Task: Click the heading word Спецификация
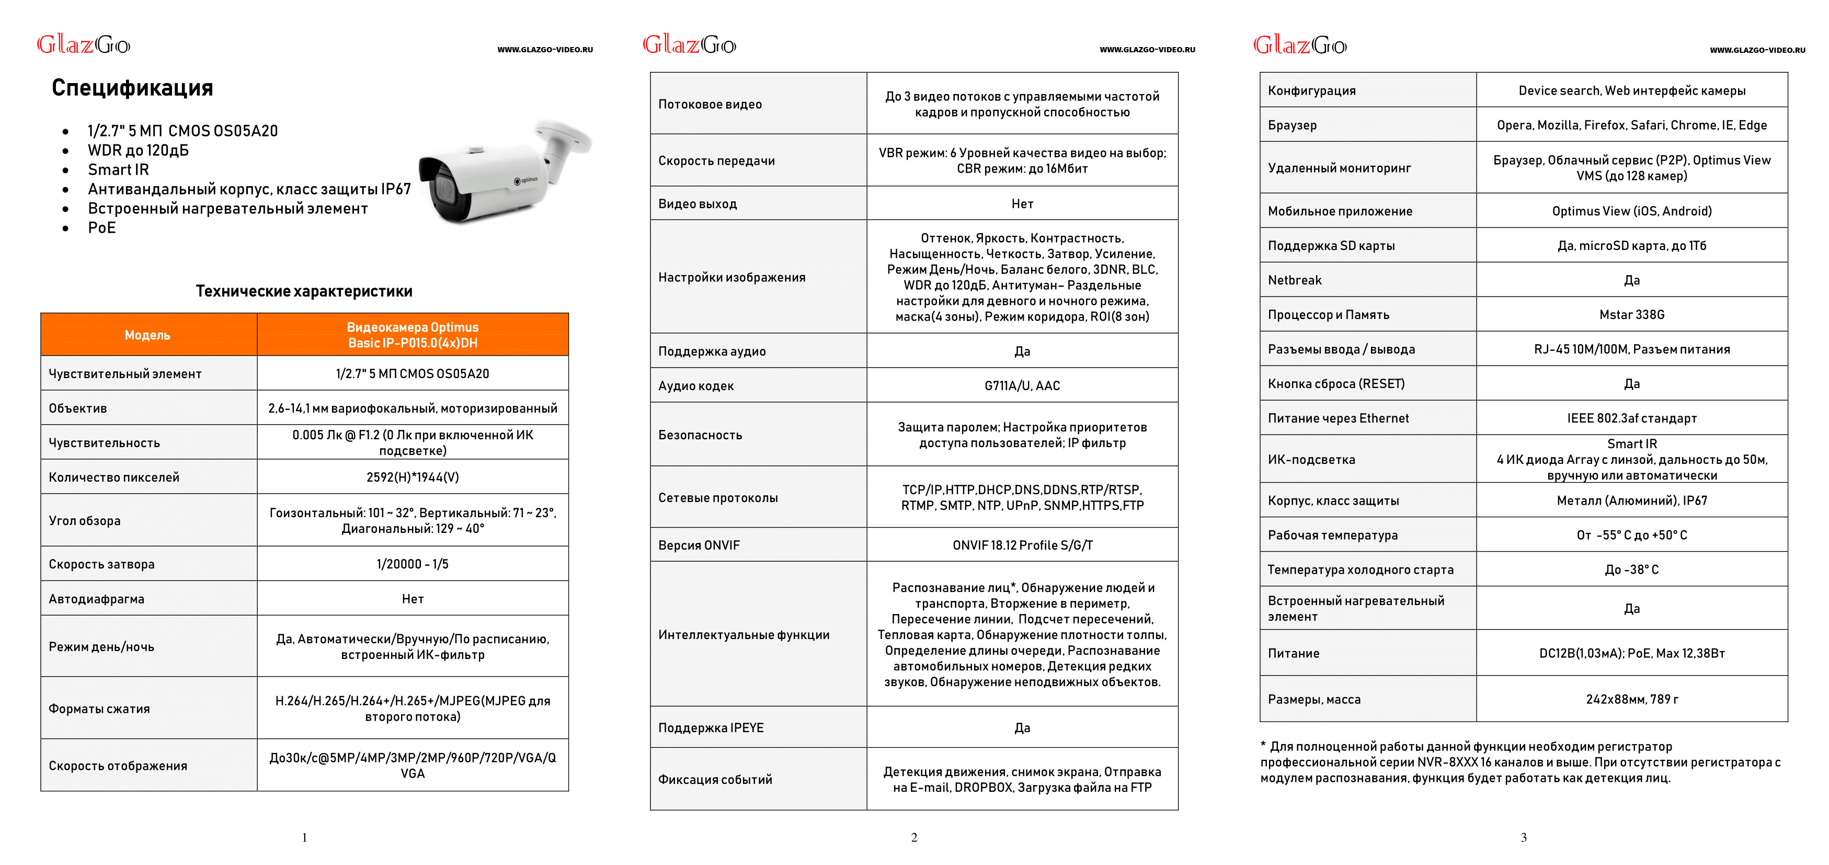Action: point(132,87)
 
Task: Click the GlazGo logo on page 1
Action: point(83,45)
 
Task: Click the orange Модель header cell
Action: point(147,335)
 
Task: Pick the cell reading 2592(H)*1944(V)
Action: point(413,477)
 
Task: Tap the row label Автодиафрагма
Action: point(97,599)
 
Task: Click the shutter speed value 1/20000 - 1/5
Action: point(413,564)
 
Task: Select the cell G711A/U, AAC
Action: point(1022,385)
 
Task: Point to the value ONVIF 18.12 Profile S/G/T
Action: point(1022,545)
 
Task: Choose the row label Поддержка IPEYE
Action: point(711,727)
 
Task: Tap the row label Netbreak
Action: point(1294,280)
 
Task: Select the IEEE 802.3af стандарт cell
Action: point(1631,418)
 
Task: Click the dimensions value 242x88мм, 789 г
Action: point(1631,699)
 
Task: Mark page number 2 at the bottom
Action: point(914,837)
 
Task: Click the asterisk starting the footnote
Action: point(1263,744)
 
